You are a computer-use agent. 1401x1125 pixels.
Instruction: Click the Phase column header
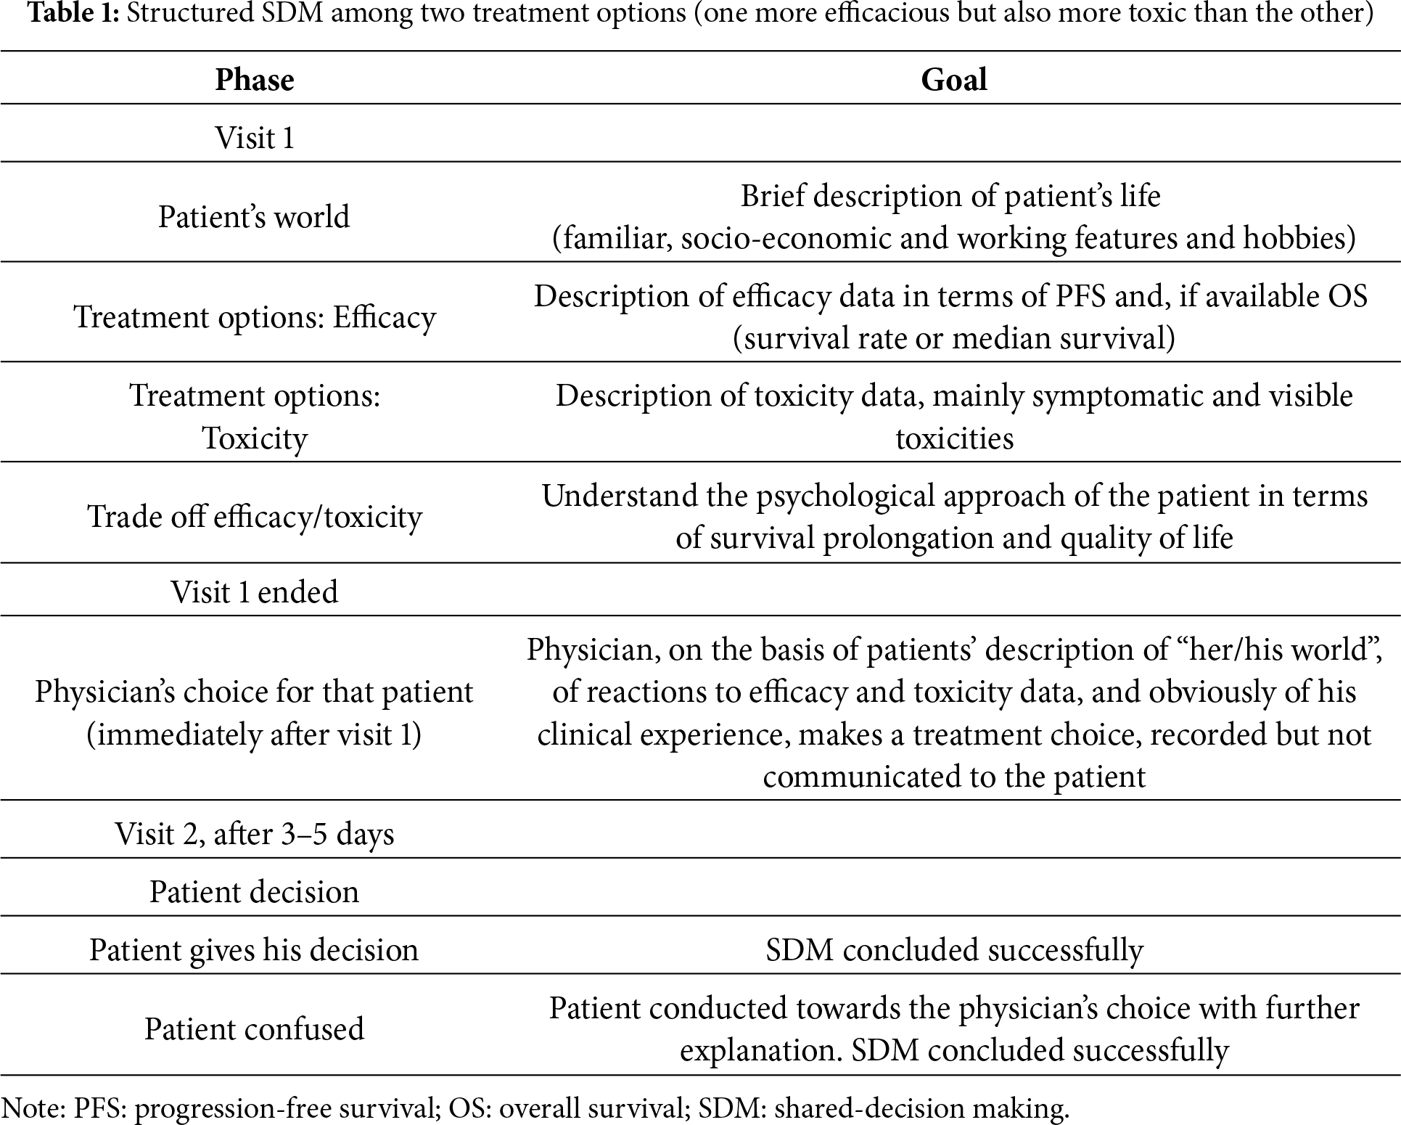(x=255, y=79)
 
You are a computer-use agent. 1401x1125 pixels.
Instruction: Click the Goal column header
(x=953, y=79)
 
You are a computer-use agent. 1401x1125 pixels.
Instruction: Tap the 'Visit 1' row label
(x=255, y=137)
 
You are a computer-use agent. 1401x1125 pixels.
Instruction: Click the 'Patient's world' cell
(x=254, y=216)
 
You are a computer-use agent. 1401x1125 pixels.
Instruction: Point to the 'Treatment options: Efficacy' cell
(x=255, y=317)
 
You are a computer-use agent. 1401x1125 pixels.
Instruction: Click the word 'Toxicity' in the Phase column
(x=255, y=438)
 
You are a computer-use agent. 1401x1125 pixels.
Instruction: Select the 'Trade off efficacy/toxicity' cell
(x=255, y=517)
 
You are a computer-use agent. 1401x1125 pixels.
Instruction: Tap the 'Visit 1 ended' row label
(x=255, y=592)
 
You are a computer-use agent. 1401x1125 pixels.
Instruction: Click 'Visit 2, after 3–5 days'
(x=255, y=834)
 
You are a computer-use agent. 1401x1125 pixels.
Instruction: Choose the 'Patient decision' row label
(x=255, y=892)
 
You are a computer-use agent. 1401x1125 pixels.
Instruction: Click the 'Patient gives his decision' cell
(x=254, y=950)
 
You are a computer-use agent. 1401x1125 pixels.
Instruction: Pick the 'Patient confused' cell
(x=254, y=1028)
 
